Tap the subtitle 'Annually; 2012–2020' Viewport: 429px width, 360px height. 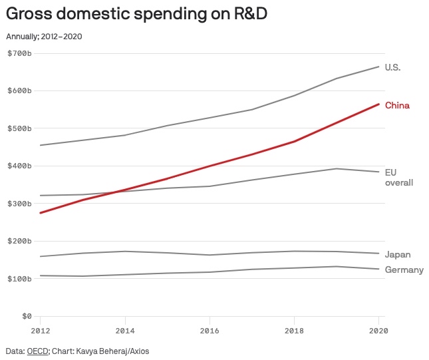click(x=45, y=36)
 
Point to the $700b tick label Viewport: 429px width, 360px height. click(x=19, y=53)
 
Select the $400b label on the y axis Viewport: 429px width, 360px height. click(x=19, y=166)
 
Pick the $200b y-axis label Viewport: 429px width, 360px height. click(x=19, y=241)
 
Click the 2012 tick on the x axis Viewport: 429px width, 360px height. click(x=41, y=329)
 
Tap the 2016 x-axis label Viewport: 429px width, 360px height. click(x=210, y=329)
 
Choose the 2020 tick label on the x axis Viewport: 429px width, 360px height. click(x=378, y=329)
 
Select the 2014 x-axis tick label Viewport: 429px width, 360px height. click(x=125, y=329)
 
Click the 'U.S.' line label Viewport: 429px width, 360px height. click(x=392, y=67)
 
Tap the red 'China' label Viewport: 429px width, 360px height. click(x=397, y=105)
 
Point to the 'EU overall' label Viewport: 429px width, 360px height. click(x=399, y=177)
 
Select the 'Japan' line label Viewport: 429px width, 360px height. click(x=398, y=254)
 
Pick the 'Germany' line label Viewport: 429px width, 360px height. click(x=404, y=270)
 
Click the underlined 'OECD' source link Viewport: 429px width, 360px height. click(x=37, y=350)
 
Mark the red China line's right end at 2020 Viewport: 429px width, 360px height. click(x=378, y=104)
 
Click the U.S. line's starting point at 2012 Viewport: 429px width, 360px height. click(x=41, y=145)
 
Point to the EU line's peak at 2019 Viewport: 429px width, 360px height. click(x=337, y=168)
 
